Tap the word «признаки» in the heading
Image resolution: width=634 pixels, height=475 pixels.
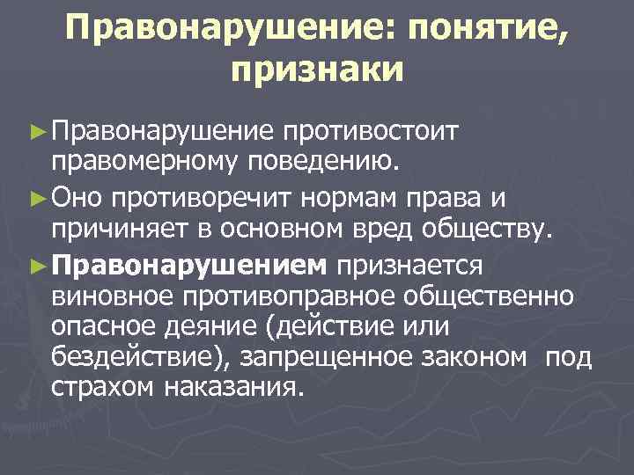[x=317, y=69]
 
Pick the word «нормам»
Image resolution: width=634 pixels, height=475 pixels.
[x=334, y=195]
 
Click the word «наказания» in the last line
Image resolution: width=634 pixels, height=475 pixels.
[x=240, y=387]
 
